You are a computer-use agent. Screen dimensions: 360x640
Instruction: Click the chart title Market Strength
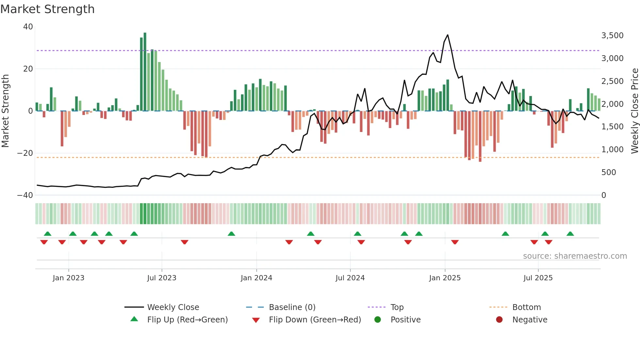pos(47,9)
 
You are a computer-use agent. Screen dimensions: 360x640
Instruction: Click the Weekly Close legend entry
pos(173,307)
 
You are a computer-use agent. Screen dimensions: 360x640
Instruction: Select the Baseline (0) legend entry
pos(292,307)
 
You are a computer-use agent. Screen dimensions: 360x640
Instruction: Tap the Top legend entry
pos(397,307)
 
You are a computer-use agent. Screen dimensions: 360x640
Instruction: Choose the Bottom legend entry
pos(526,307)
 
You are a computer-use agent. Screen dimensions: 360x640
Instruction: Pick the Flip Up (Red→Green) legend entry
pos(187,320)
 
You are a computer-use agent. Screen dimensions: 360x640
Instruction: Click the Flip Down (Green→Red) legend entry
pos(315,320)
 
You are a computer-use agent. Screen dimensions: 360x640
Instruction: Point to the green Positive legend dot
pos(378,320)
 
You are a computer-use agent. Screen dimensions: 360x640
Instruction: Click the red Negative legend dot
pos(499,320)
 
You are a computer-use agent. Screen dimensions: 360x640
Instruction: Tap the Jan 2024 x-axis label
pos(256,278)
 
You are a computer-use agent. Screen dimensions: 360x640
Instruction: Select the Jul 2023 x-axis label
pos(162,278)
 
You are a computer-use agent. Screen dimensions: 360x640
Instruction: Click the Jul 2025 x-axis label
pos(538,278)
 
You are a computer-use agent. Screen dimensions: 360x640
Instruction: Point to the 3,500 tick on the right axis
pos(612,36)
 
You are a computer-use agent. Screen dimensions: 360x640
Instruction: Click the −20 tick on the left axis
pos(25,153)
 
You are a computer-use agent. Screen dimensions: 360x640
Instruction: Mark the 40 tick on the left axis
pos(28,27)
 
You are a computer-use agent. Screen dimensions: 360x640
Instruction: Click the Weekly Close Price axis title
pos(635,111)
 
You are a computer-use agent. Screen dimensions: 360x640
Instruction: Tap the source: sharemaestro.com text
pos(575,256)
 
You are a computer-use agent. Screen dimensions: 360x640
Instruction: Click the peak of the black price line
pos(447,35)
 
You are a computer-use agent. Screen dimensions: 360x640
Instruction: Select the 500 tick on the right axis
pos(608,172)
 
